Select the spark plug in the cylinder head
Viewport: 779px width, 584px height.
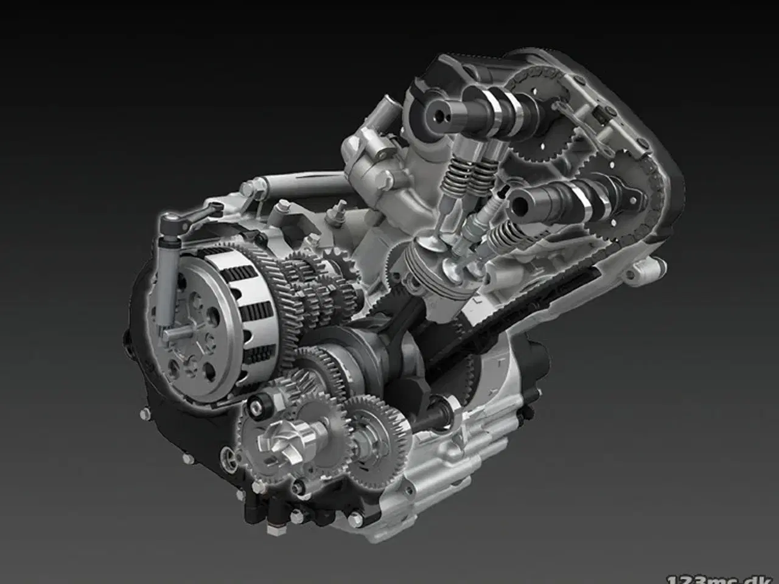(x=472, y=231)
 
